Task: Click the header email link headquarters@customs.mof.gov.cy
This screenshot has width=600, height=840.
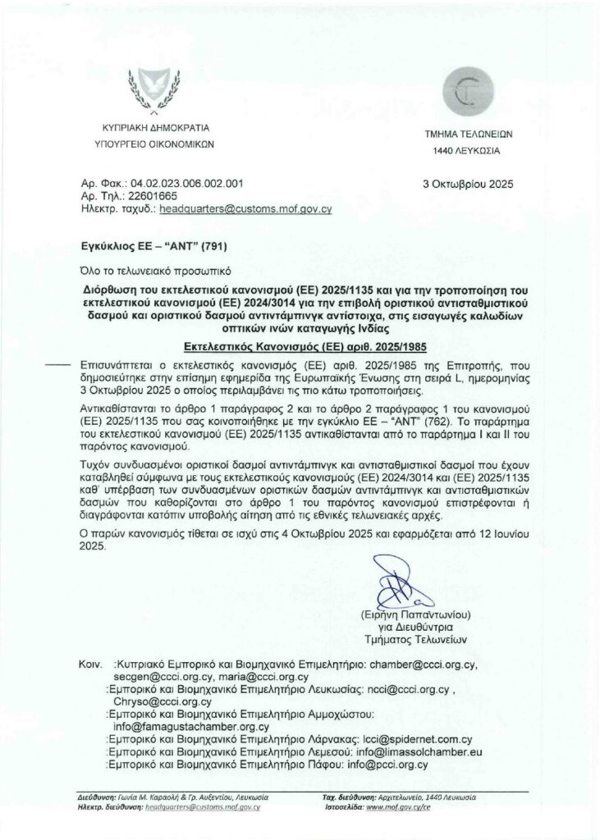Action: [245, 209]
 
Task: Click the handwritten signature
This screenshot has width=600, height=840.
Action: [403, 582]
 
